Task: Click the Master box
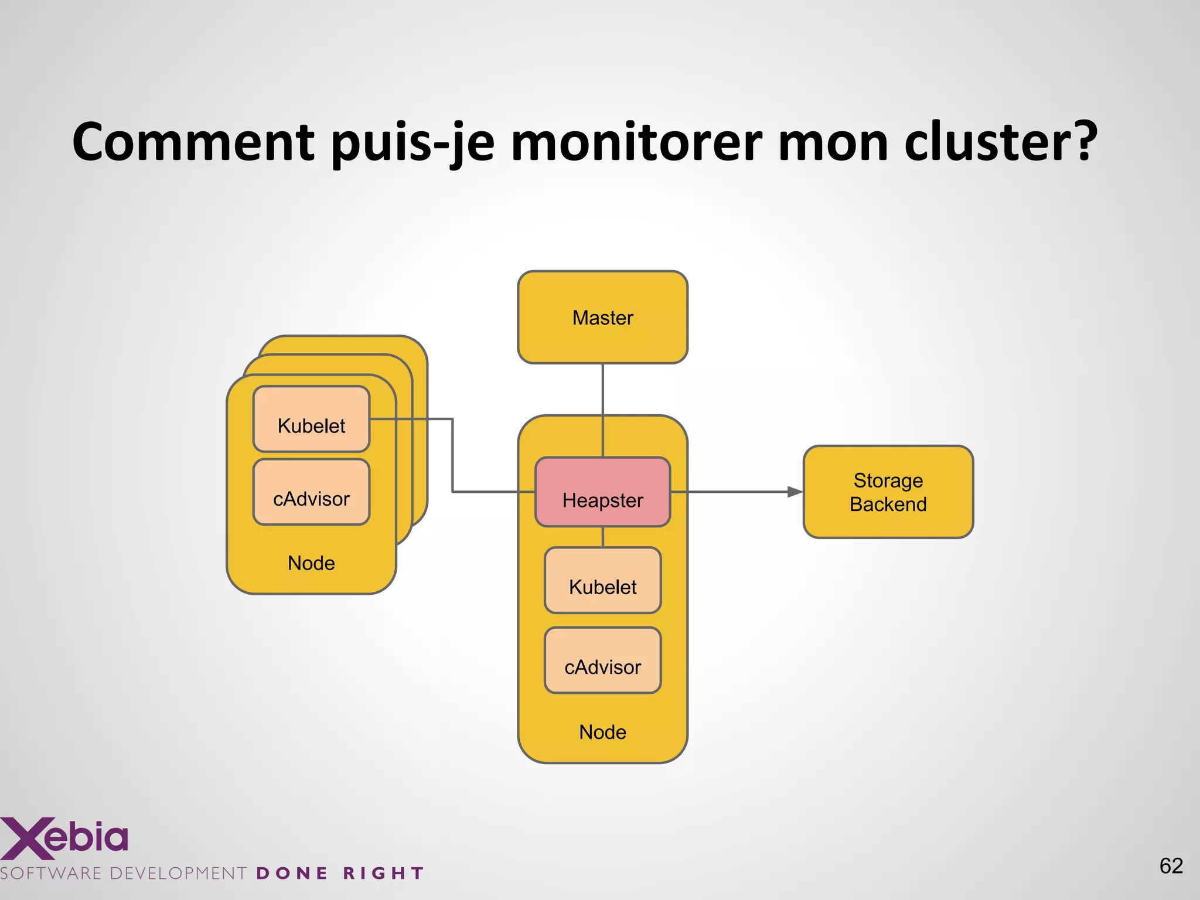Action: pyautogui.click(x=602, y=317)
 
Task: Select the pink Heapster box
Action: pyautogui.click(x=602, y=492)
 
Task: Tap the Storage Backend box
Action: pyautogui.click(x=888, y=492)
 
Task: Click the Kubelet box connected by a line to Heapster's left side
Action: pyautogui.click(x=311, y=419)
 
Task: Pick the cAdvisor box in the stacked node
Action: pyautogui.click(x=311, y=492)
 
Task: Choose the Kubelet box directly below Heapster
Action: pyautogui.click(x=602, y=581)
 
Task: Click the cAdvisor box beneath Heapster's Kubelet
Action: pyautogui.click(x=602, y=660)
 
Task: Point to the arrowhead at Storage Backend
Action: pyautogui.click(x=795, y=492)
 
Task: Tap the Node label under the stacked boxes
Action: pyautogui.click(x=311, y=563)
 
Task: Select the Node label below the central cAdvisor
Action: pyautogui.click(x=602, y=732)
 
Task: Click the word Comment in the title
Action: pyautogui.click(x=193, y=142)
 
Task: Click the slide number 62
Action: pyautogui.click(x=1171, y=866)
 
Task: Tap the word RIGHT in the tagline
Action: pyautogui.click(x=383, y=874)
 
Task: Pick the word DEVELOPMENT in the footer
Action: pyautogui.click(x=178, y=874)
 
